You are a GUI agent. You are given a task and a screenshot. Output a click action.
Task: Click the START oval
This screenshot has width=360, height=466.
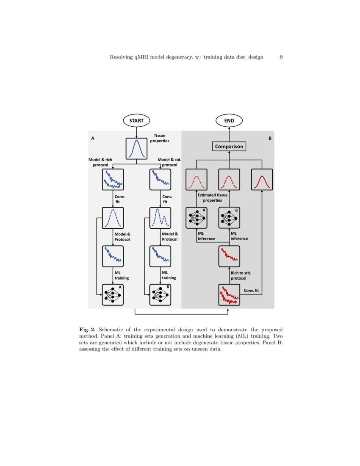[x=136, y=120]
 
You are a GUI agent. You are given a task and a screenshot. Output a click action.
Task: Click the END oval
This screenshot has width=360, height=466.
[x=229, y=120]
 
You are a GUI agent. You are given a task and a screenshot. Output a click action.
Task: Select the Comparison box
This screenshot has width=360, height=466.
[x=229, y=147]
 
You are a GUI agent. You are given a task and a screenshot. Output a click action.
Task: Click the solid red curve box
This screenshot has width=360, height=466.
[x=262, y=180]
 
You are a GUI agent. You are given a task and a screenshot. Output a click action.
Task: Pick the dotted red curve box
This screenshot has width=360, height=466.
[x=197, y=180]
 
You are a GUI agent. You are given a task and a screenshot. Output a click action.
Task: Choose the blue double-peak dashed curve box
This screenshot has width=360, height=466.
[x=160, y=218]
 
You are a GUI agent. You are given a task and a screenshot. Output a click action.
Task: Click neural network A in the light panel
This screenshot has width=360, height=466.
[x=113, y=295]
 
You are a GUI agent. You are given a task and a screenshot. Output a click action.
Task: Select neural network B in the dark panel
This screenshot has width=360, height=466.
[x=229, y=218]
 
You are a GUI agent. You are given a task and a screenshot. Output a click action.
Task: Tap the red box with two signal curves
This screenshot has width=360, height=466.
[x=229, y=295]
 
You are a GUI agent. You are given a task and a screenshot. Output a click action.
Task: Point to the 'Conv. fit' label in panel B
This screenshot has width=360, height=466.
[x=252, y=291]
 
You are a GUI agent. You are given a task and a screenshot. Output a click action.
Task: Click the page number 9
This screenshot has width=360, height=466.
[x=281, y=57]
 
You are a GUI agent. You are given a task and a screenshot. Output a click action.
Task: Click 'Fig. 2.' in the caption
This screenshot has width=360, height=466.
[x=87, y=329]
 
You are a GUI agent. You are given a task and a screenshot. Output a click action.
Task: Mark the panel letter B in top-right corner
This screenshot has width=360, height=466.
[x=270, y=138]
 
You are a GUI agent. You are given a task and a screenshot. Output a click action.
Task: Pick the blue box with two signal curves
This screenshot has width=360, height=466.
[x=113, y=180]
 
